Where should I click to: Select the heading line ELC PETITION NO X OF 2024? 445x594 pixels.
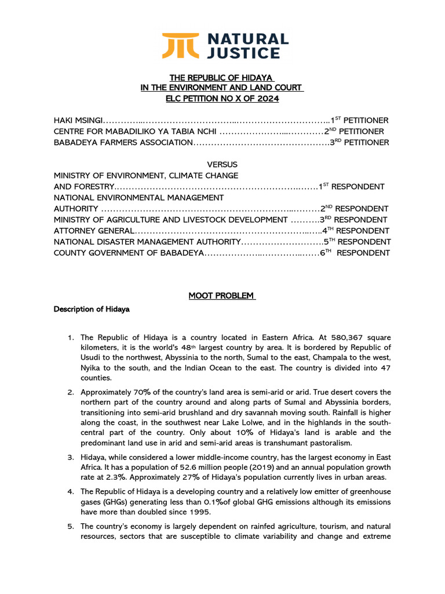[222, 99]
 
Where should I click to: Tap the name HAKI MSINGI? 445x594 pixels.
[78, 120]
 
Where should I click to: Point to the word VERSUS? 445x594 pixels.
[222, 165]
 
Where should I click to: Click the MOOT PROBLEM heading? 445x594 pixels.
[222, 296]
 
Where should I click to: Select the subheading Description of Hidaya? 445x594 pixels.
[92, 309]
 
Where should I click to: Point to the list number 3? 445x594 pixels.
[70, 457]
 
